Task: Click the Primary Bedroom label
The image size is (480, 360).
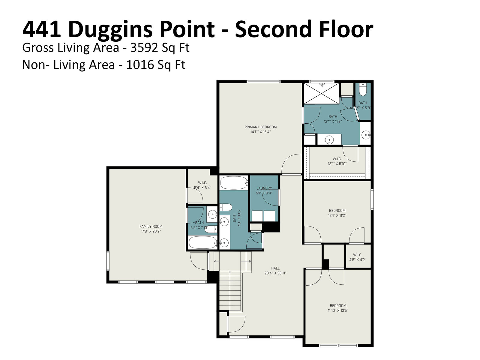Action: [260, 129]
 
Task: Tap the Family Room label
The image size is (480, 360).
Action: [151, 229]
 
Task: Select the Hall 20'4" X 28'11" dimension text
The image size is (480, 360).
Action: [275, 273]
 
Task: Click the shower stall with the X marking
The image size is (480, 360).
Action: [322, 93]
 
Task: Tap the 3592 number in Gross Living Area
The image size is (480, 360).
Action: [144, 48]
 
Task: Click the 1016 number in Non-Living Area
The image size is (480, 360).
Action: [140, 65]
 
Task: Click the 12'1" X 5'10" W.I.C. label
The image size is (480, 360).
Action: [337, 161]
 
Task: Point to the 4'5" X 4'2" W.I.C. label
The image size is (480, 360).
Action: [358, 257]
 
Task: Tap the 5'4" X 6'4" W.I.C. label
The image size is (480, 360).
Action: [202, 185]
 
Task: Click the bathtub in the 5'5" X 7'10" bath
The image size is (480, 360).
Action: [203, 242]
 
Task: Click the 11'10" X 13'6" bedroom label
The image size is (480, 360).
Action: [338, 308]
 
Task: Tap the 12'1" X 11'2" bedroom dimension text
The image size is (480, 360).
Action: [337, 215]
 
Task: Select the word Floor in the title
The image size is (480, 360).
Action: [346, 29]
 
